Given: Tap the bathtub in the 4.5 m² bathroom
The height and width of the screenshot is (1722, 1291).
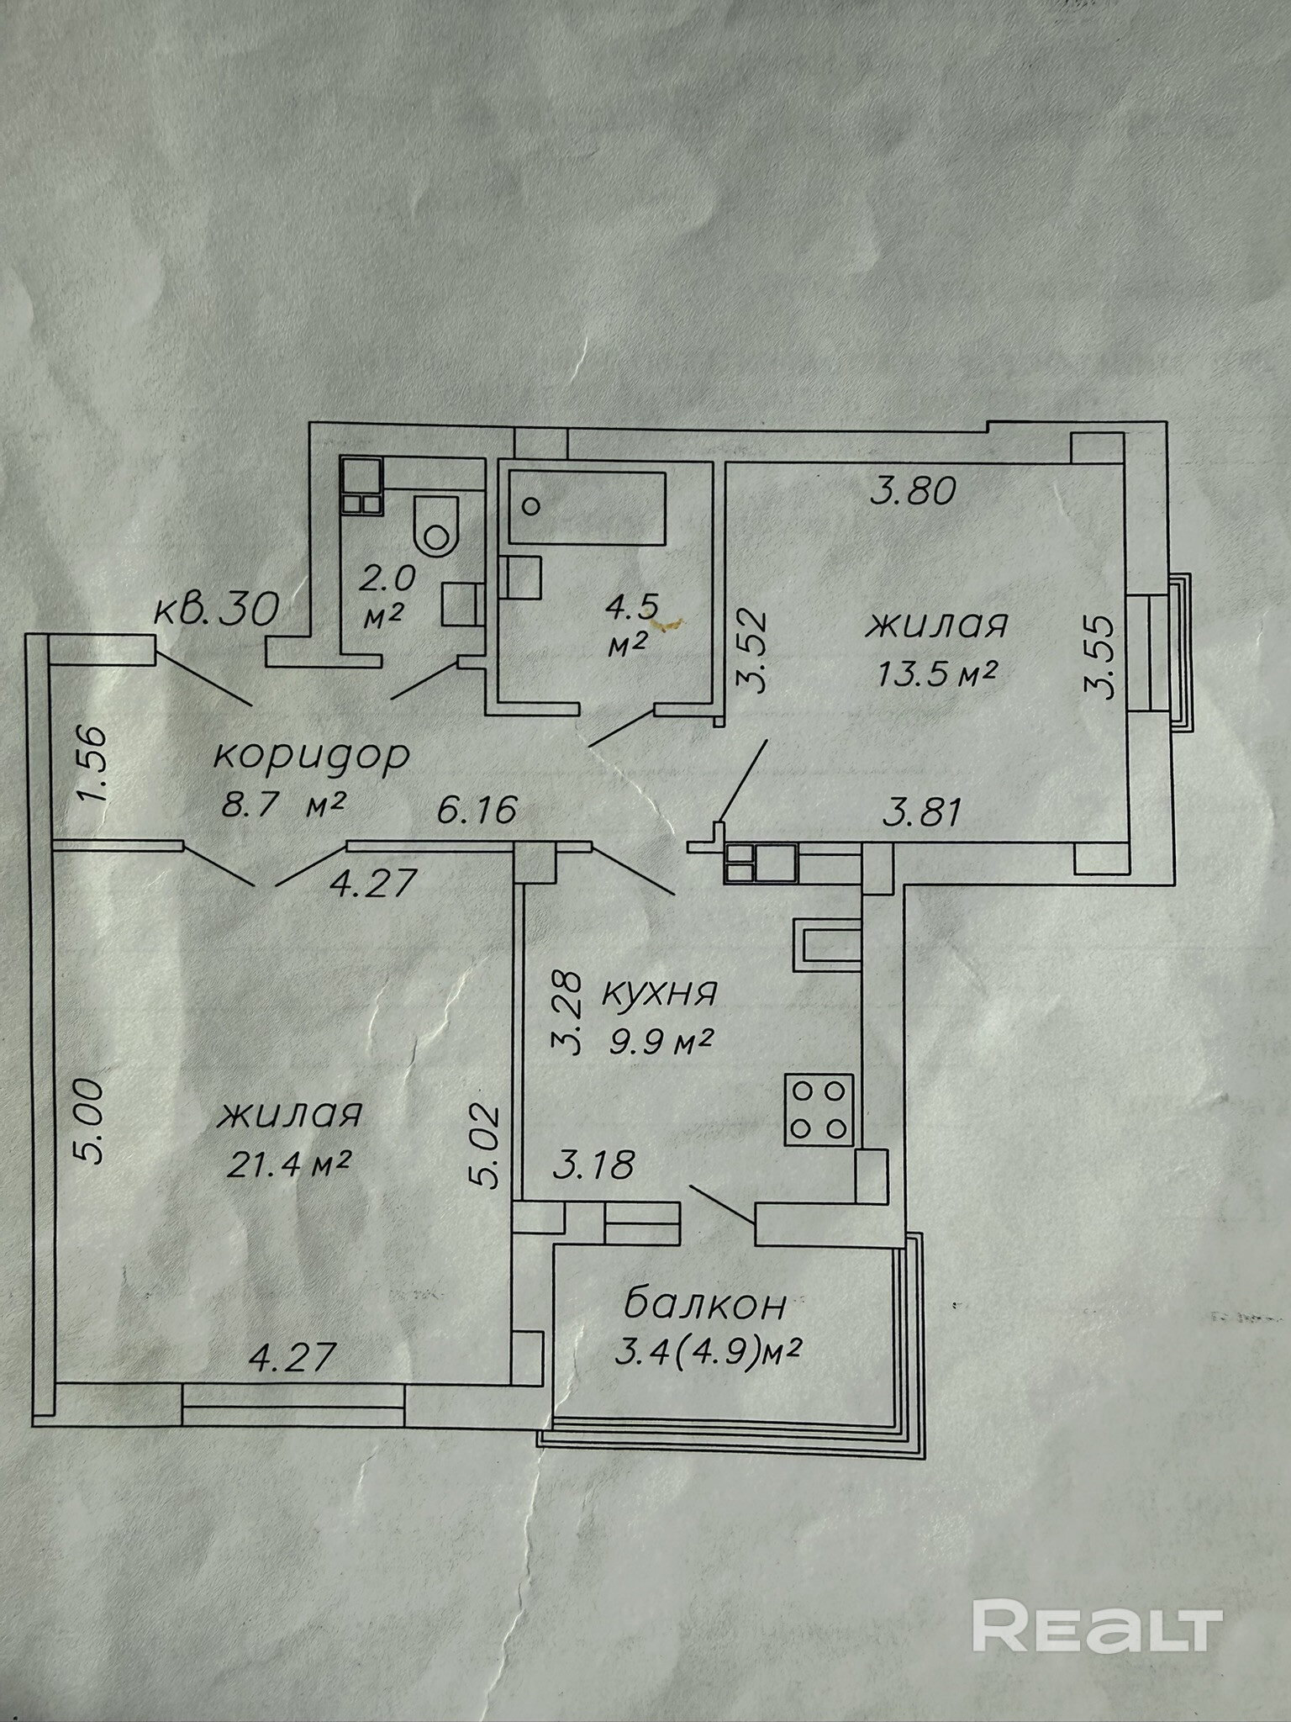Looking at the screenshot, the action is coord(588,507).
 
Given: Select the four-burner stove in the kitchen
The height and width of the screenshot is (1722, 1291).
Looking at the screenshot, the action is coord(819,1109).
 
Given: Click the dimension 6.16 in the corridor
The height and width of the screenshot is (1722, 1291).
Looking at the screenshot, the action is coord(477,811).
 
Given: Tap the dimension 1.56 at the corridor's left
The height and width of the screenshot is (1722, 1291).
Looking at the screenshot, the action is coord(95,763).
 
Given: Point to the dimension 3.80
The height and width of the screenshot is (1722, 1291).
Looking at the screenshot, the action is coord(914,490).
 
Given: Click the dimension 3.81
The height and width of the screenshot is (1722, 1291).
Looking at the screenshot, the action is coord(920,813).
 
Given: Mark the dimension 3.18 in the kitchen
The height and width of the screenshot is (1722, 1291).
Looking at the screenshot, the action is coord(593,1166).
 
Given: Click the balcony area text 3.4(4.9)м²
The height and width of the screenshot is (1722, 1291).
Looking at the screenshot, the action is coord(701,1353).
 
